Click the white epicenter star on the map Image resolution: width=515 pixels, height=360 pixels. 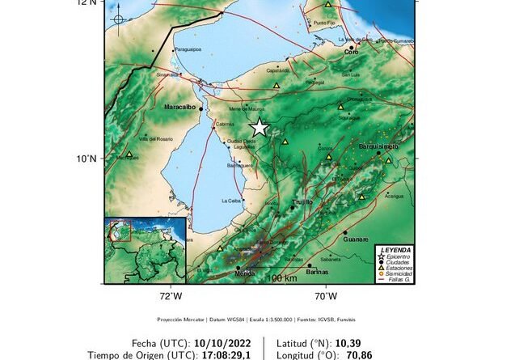click(x=259, y=127)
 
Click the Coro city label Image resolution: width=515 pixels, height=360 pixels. click(x=351, y=52)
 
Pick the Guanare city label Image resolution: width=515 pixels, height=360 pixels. click(x=356, y=239)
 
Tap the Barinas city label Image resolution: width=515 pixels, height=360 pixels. click(x=318, y=273)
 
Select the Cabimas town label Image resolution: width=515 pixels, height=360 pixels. click(x=226, y=125)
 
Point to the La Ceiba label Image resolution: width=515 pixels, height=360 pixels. click(x=231, y=201)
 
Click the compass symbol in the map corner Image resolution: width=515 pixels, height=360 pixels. click(x=118, y=19)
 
